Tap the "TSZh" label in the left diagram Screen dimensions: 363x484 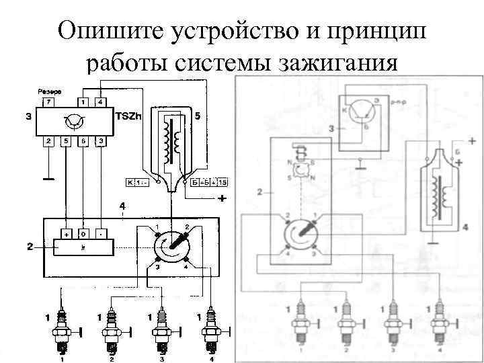[128, 116]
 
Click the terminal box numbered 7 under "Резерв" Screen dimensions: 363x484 [47, 102]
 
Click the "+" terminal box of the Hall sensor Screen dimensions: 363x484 [67, 234]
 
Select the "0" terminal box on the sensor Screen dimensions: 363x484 [83, 234]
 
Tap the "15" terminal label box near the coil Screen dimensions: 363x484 [223, 182]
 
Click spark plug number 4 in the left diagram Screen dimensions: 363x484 [212, 332]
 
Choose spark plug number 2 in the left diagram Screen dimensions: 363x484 [110, 332]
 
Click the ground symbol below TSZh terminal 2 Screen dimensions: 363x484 [48, 179]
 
